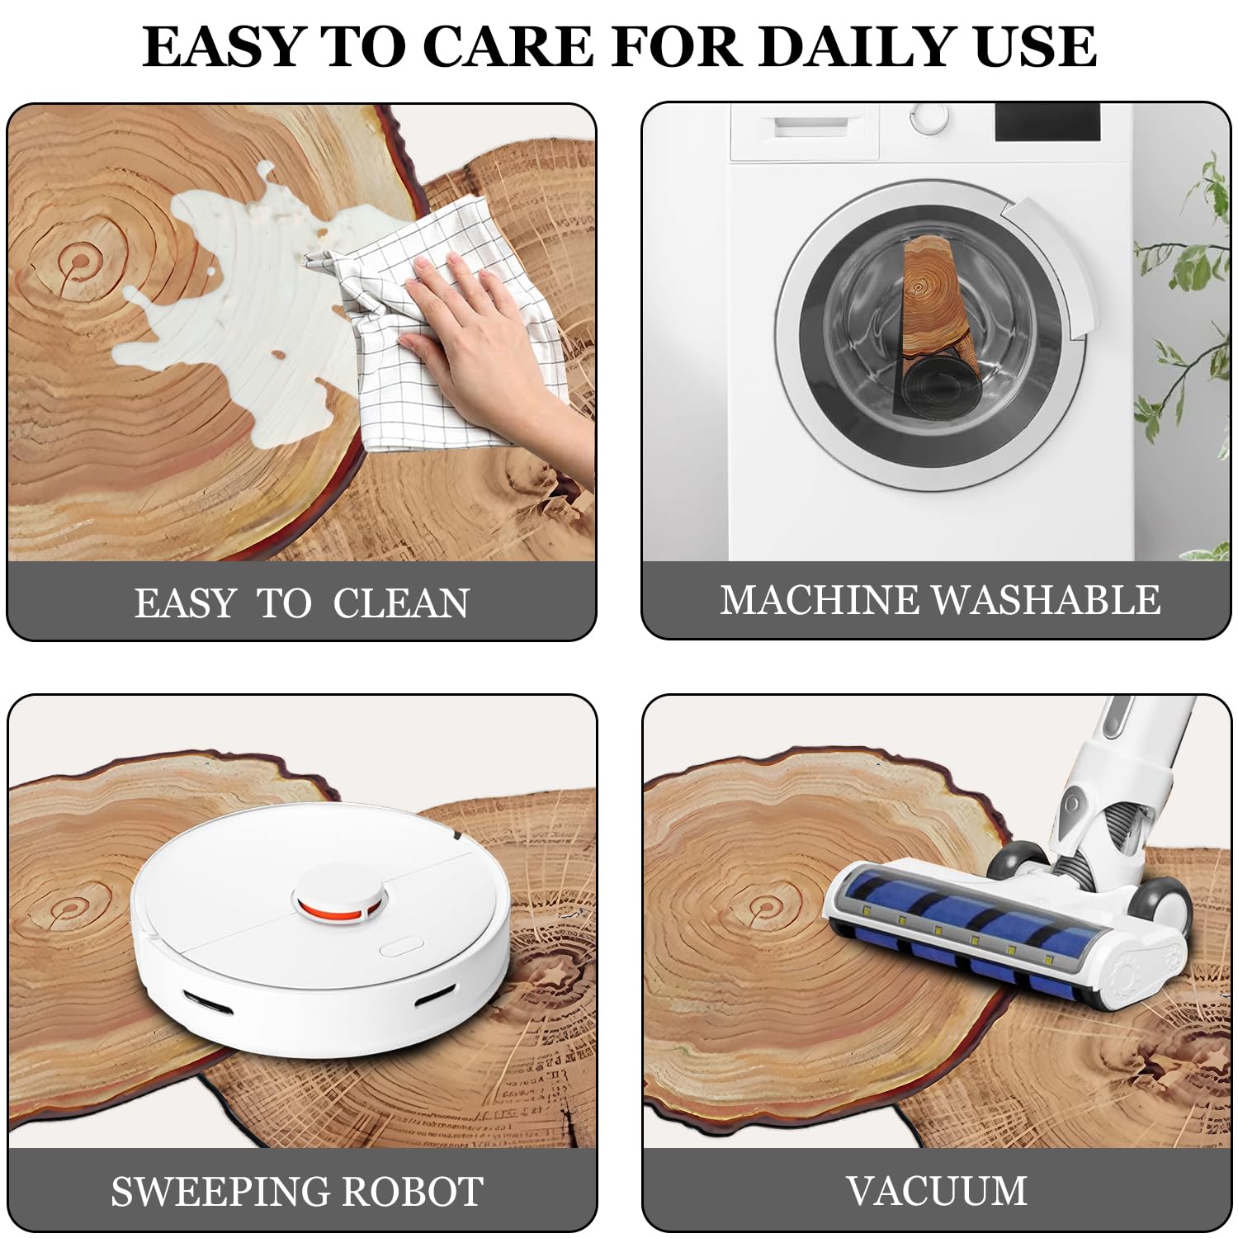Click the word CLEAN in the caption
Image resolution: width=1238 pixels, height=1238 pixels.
coord(401,603)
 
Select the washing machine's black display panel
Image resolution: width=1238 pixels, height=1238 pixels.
coord(1047,122)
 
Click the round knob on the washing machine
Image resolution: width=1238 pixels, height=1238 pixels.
coord(930,116)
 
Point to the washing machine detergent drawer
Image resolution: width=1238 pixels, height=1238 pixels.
coord(806,130)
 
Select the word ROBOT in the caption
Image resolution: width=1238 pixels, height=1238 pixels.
coord(413,1192)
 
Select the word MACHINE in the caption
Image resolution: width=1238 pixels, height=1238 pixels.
coord(820,600)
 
